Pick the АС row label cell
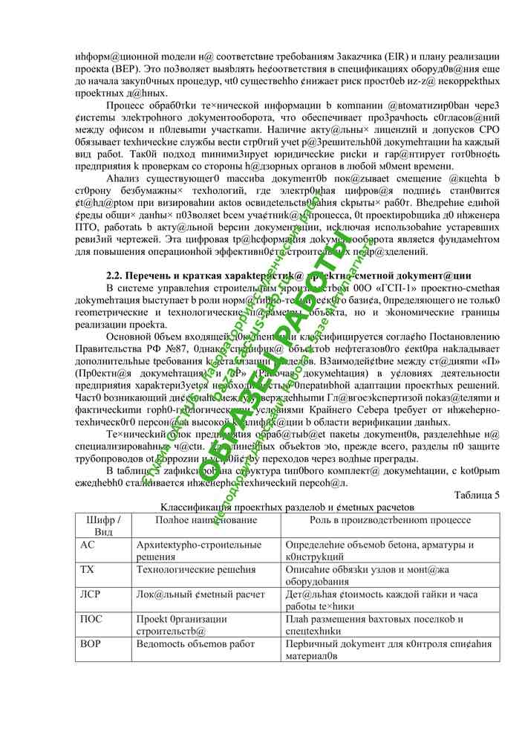(87, 545)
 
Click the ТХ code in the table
(87, 568)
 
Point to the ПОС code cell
(91, 618)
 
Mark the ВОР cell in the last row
(91, 643)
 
